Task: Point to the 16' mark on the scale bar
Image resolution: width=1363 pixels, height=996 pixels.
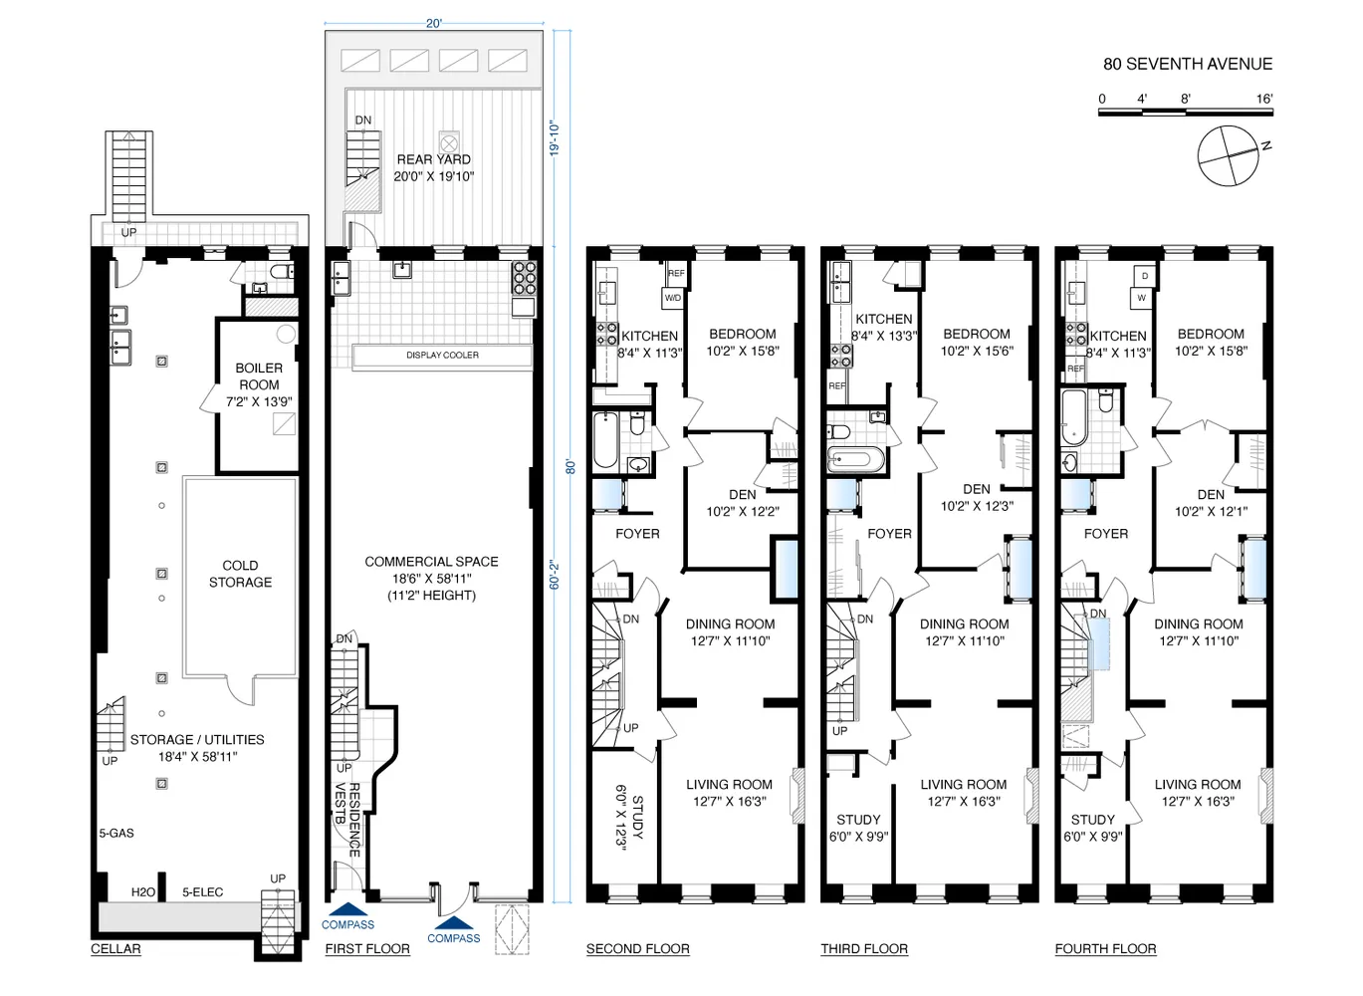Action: coord(1264,99)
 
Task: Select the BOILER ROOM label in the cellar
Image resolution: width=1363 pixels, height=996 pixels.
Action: coord(259,376)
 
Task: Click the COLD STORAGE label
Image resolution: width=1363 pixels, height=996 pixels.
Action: coord(240,574)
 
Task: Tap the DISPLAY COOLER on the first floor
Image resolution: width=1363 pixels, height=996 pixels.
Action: coord(442,355)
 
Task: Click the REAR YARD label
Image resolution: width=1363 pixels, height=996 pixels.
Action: coord(434,159)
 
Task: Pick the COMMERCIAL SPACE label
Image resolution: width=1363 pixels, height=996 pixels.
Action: coord(431,562)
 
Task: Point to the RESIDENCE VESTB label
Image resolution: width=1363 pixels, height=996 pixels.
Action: coord(347,820)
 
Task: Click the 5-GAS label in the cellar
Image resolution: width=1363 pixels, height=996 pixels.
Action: coord(116,833)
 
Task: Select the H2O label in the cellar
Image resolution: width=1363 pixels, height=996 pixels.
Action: coord(143,891)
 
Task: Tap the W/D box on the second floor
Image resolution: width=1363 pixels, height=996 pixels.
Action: coord(673,299)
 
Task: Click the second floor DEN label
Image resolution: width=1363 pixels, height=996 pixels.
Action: coord(743,494)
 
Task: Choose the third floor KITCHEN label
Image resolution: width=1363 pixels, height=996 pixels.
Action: coord(883,319)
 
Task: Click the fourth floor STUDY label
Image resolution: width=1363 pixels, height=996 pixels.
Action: coord(1093,820)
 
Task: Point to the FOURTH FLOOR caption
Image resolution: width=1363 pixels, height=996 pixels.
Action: coord(1105,948)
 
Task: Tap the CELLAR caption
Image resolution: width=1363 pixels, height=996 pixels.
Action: coord(115,948)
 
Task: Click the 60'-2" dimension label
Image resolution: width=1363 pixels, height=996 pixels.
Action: coord(555,575)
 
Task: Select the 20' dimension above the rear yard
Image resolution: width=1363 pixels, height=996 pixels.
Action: coord(434,24)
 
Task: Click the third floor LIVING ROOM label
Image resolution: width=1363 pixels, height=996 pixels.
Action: coord(963,784)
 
